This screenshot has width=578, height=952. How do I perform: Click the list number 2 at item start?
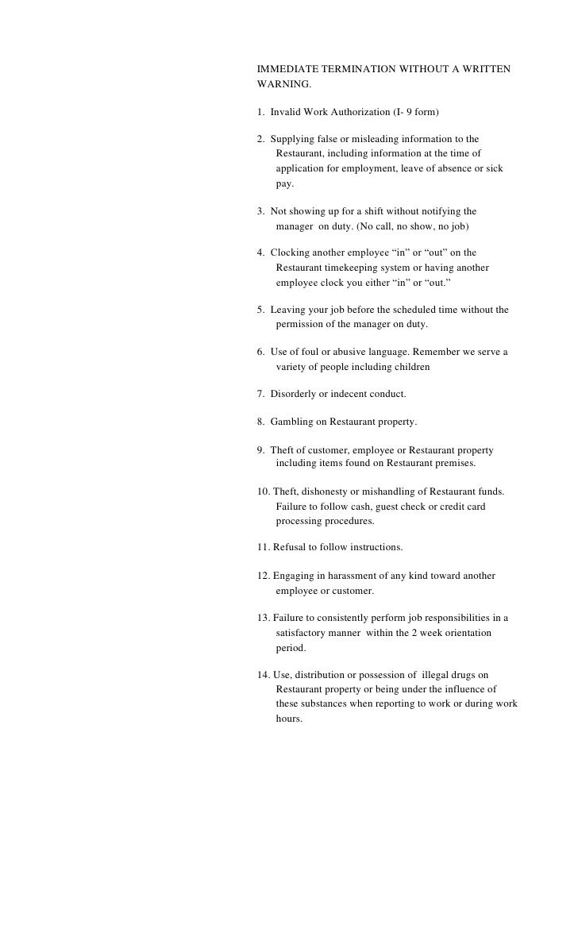coord(261,140)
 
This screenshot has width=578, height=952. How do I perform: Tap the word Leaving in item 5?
coord(287,310)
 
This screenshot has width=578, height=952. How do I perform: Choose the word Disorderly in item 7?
coord(294,394)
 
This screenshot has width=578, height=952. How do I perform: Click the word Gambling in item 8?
coord(291,422)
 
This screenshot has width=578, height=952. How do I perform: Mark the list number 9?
coord(261,449)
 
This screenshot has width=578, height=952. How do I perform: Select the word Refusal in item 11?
coord(288,548)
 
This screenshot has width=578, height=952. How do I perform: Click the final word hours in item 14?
coord(288,719)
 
